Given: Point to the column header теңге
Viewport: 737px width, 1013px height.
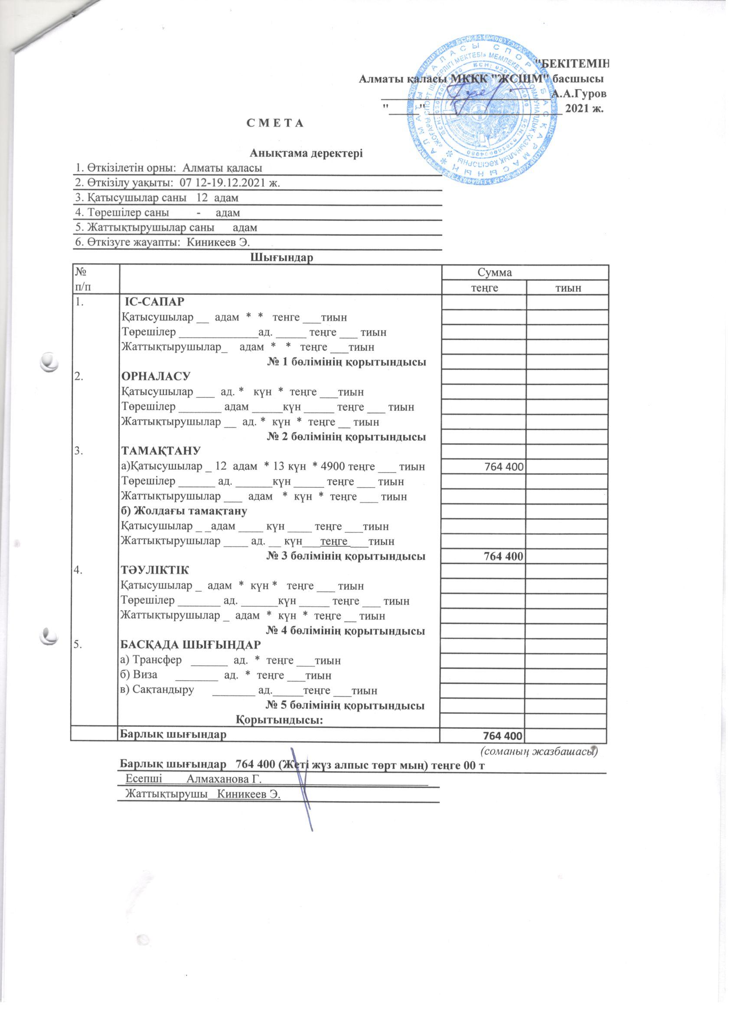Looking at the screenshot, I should click(x=483, y=288).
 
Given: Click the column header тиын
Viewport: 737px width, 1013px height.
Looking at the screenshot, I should click(x=567, y=288).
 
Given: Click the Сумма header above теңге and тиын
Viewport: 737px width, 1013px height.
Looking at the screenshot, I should click(x=494, y=273).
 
